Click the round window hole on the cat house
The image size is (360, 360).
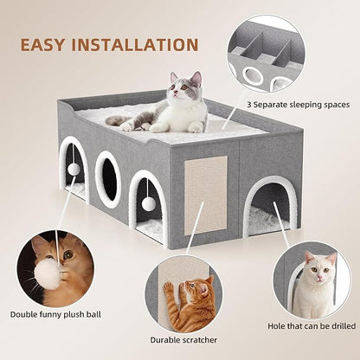click(x=109, y=178)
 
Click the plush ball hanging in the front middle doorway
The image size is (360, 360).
click(x=148, y=202)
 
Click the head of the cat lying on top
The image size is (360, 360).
click(x=184, y=90)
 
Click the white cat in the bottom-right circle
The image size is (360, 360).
click(x=312, y=286)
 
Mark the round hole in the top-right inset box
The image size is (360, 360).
click(x=253, y=75)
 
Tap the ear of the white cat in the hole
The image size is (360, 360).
click(x=309, y=257)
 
